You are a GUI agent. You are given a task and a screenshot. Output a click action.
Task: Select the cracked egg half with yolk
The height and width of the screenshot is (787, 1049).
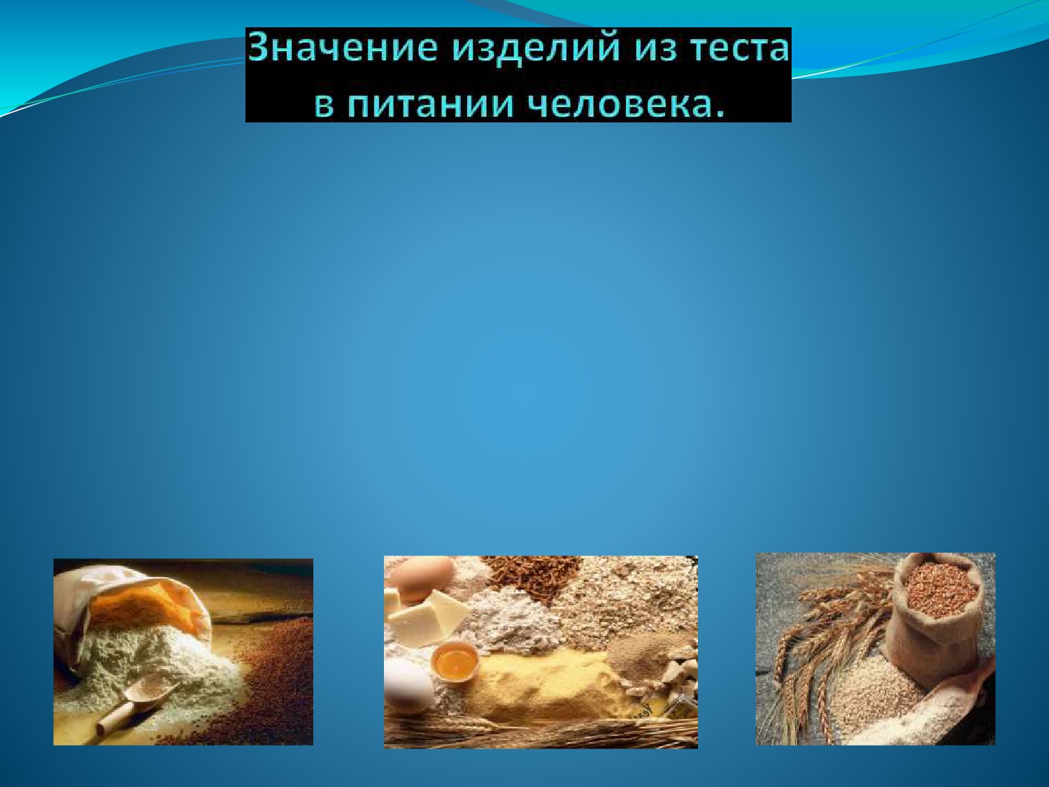(x=455, y=662)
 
